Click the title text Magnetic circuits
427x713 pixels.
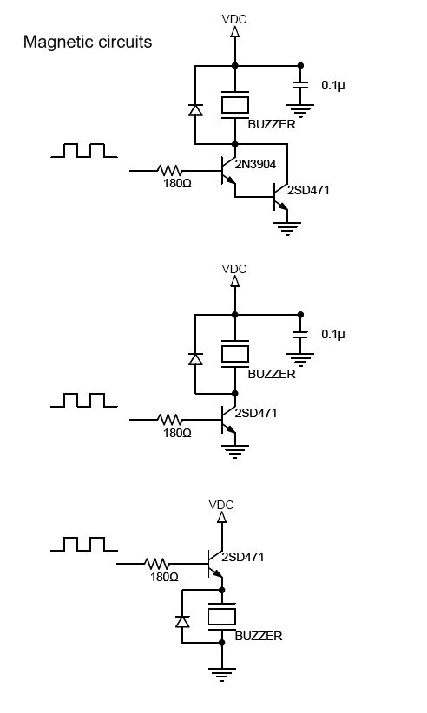coord(88,42)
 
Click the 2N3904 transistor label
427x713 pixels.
coord(255,164)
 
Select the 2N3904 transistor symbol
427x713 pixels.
coord(228,171)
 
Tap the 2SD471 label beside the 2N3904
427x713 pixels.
coord(308,190)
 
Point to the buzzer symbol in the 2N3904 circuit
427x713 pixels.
coord(235,105)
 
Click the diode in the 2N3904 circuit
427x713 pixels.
coord(195,109)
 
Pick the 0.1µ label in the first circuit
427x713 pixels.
coord(333,85)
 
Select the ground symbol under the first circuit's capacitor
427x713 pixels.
coord(300,110)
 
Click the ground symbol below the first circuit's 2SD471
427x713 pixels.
coord(287,228)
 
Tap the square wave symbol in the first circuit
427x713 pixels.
coord(84,151)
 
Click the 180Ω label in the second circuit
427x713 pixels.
coord(177,433)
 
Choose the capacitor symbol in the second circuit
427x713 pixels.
coord(300,334)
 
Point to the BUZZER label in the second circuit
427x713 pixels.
coord(272,374)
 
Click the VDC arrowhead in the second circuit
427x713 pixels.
coord(235,281)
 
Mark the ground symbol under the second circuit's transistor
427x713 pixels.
coord(235,451)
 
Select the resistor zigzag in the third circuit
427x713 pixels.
coord(157,564)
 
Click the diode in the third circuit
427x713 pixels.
coord(183,621)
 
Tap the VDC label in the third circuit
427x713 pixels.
coord(221,505)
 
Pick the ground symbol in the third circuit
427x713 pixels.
coord(222,674)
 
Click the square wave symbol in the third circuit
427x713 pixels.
coord(84,545)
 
